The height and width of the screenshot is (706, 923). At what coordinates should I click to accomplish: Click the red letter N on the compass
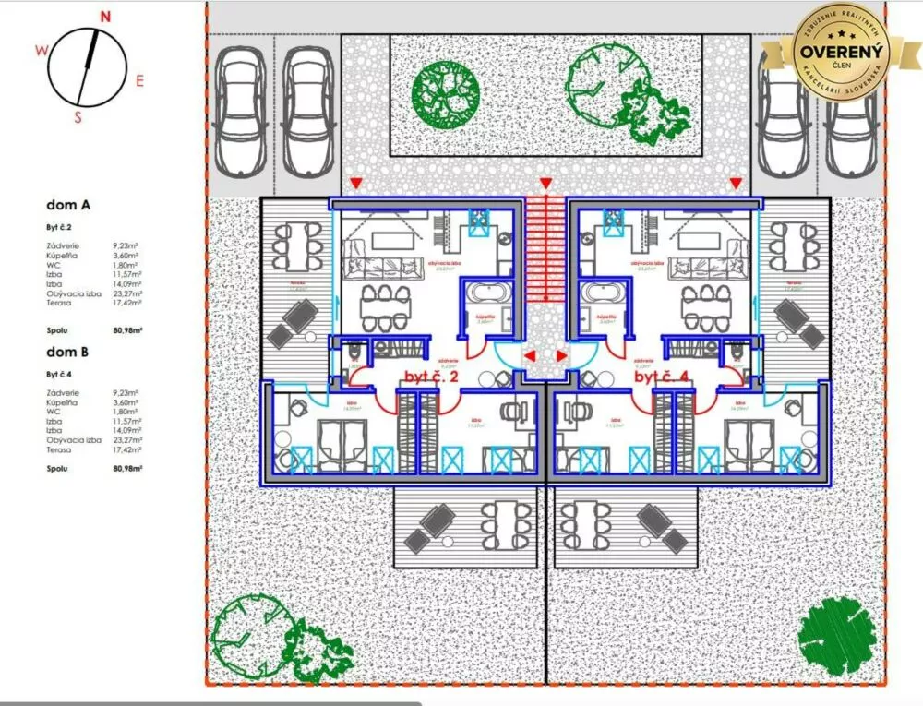105,16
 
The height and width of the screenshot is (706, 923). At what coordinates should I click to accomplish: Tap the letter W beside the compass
41,52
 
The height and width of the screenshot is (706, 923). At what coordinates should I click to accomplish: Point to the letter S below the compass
78,116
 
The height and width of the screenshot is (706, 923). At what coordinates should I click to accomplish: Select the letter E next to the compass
139,80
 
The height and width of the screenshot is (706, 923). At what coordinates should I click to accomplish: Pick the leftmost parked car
240,112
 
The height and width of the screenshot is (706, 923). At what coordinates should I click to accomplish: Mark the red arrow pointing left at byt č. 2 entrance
530,355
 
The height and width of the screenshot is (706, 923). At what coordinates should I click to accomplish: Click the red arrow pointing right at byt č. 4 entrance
562,355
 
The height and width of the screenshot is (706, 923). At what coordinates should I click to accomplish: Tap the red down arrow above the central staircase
545,183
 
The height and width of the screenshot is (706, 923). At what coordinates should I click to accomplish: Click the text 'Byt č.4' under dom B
59,374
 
